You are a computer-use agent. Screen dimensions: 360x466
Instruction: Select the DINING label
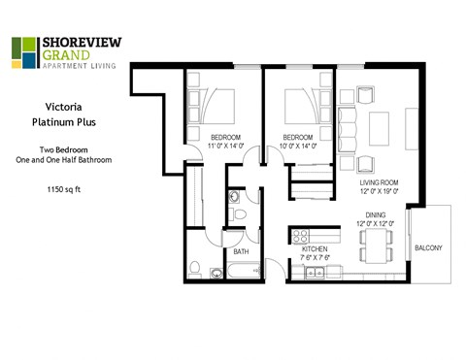(x=377, y=216)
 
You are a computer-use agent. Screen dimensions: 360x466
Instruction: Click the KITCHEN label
(x=316, y=248)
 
